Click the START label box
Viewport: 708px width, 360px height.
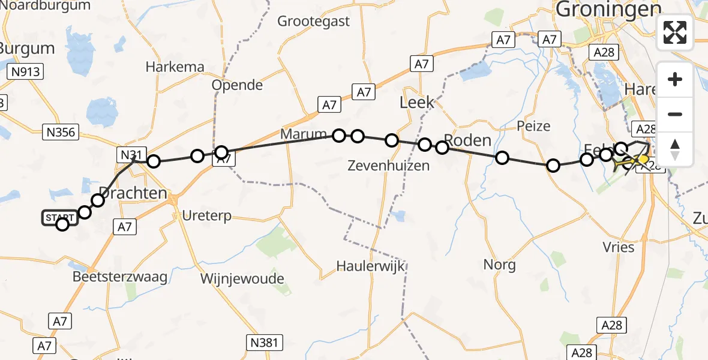[x=59, y=217]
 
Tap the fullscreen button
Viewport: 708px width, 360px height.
[x=675, y=33]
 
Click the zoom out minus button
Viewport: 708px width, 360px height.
[x=675, y=114]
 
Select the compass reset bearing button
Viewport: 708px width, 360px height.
[x=675, y=149]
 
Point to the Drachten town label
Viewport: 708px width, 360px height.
[x=133, y=193]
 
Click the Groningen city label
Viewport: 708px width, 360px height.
[x=608, y=10]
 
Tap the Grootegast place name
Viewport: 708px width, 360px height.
[x=313, y=22]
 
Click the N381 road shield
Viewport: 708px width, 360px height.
[x=264, y=343]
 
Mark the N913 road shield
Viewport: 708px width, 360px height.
[x=25, y=72]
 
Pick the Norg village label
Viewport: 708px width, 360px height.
[x=500, y=265]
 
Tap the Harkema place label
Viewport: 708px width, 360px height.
[x=175, y=67]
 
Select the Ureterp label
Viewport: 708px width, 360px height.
[x=206, y=215]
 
